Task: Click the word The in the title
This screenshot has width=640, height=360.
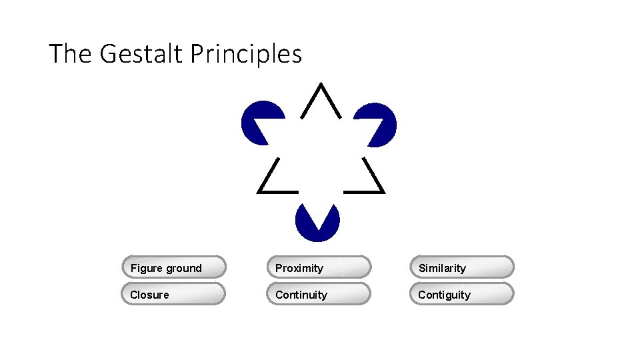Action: [71, 53]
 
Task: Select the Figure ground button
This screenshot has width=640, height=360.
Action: [174, 267]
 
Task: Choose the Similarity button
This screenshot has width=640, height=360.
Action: [462, 267]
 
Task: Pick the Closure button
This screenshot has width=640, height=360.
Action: [174, 294]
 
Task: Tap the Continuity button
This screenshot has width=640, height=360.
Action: [319, 294]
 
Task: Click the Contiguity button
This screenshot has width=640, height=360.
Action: [462, 294]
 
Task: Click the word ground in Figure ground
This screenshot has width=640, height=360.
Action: [184, 268]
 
